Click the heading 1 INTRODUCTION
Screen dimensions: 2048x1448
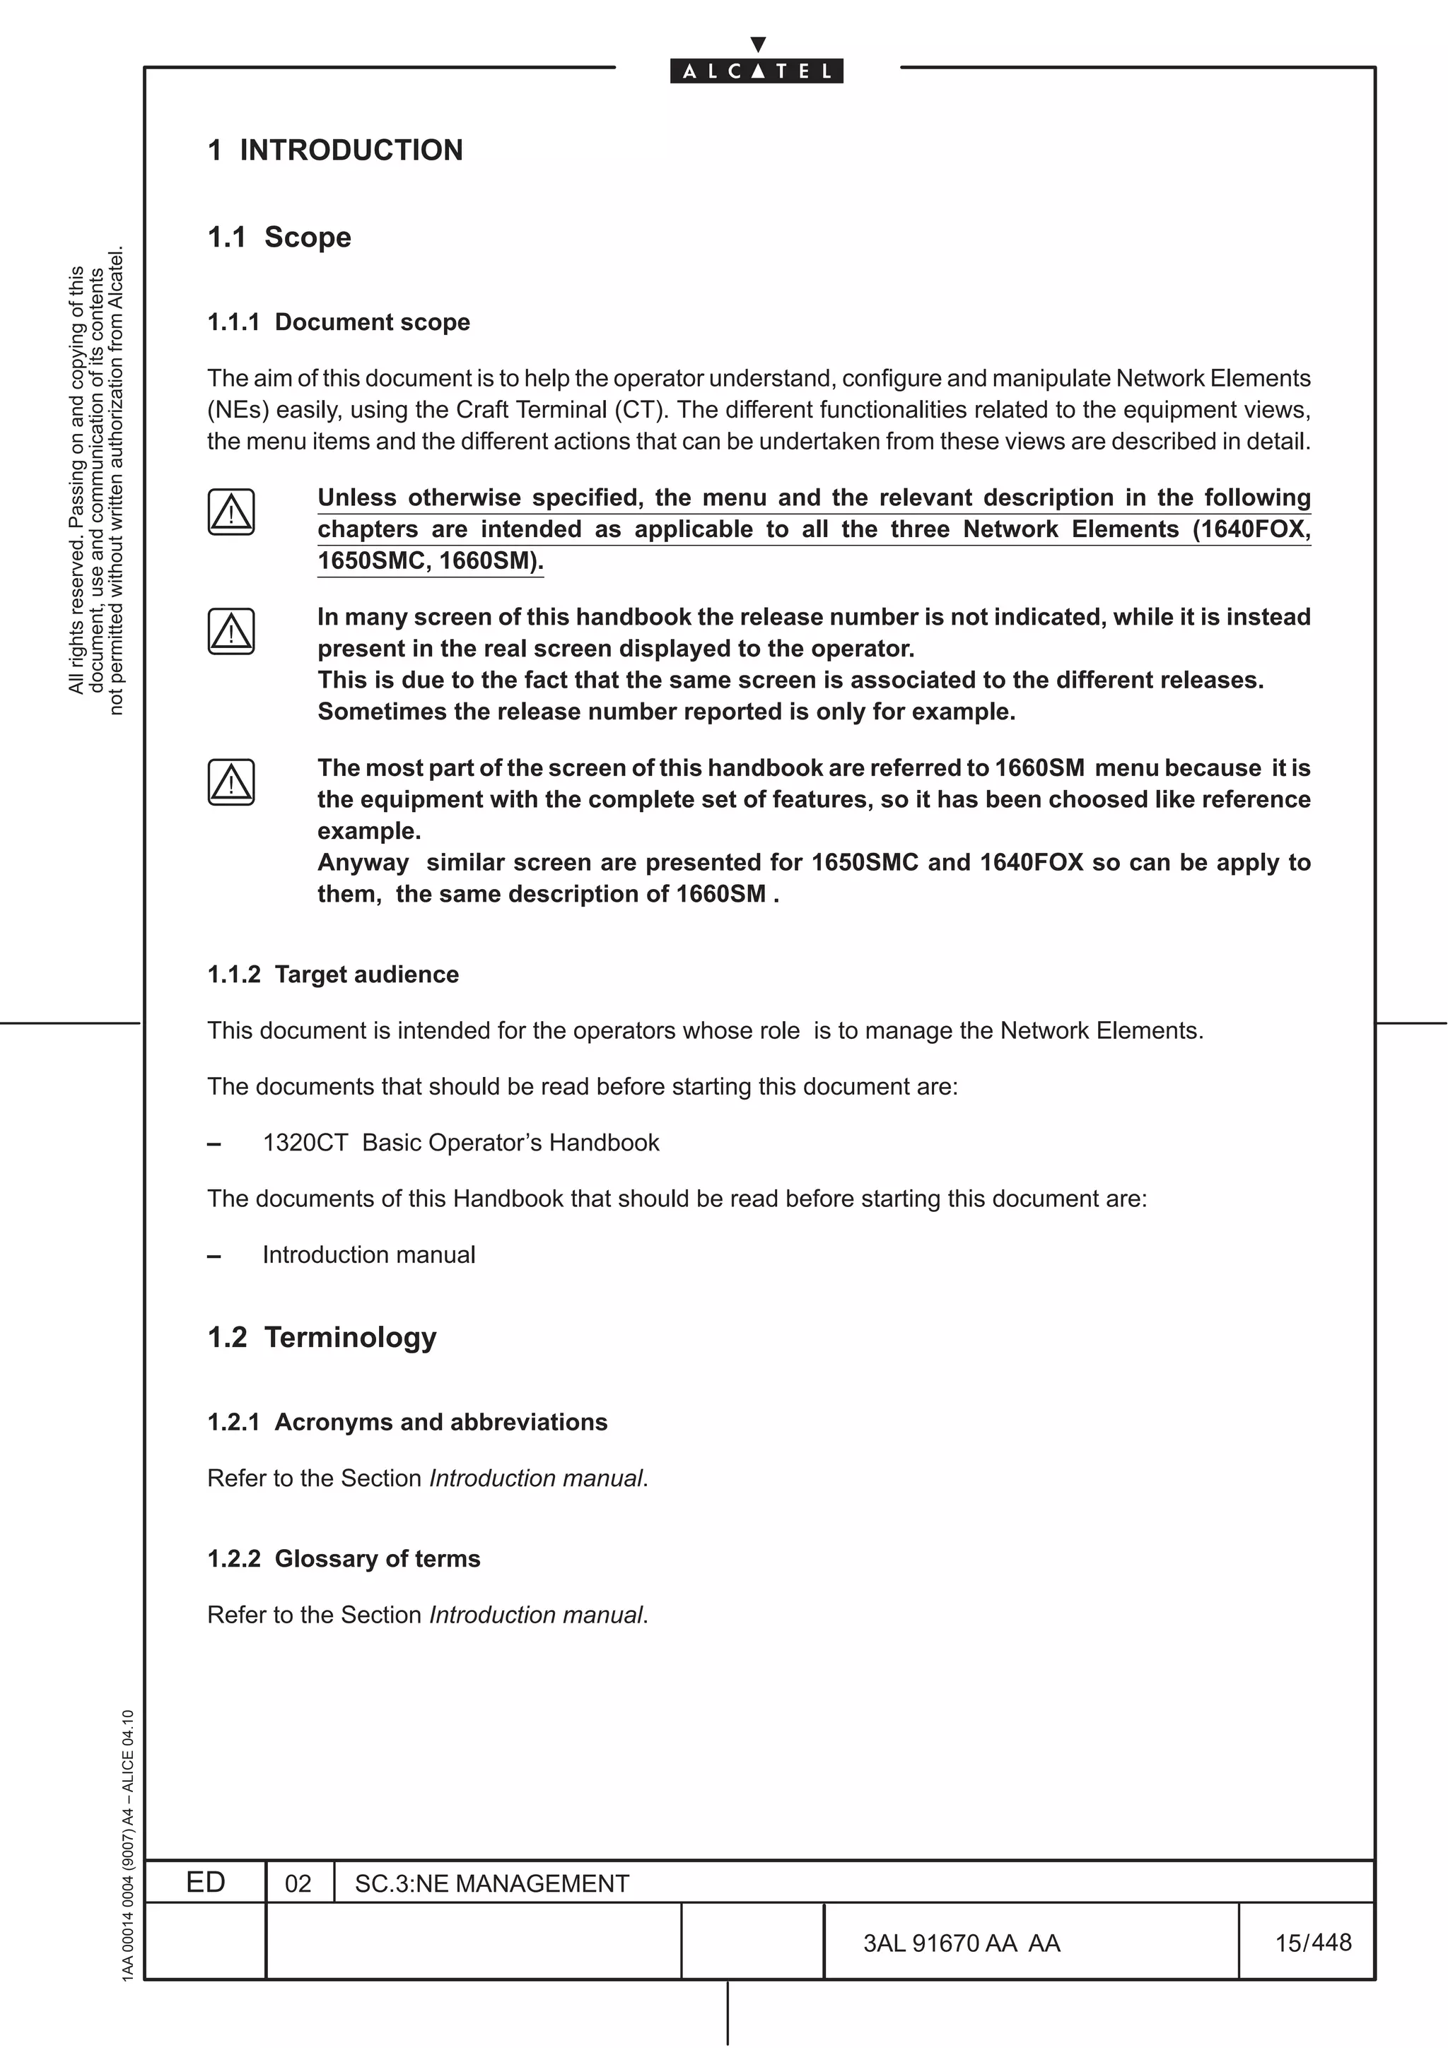pos(335,150)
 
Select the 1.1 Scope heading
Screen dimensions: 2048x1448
pos(279,237)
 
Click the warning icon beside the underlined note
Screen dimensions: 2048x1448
pos(231,512)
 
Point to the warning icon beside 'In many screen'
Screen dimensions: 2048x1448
pos(231,632)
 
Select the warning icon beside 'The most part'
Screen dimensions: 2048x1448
pos(231,782)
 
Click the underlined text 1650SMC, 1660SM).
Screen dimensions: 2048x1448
pos(430,561)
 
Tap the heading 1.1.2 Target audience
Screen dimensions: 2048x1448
pos(333,974)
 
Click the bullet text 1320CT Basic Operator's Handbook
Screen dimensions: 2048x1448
pos(460,1143)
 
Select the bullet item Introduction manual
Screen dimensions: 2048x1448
pos(368,1255)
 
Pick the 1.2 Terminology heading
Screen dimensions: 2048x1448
pos(322,1337)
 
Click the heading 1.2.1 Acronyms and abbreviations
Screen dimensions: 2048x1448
pos(407,1422)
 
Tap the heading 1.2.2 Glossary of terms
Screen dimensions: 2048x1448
pos(344,1558)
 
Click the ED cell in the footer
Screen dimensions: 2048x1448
pos(205,1882)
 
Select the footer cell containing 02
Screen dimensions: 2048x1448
pos(298,1883)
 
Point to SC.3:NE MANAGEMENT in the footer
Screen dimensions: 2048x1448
pos(491,1883)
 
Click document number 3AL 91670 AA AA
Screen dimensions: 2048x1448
pos(961,1943)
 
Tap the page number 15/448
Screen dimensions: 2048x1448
pos(1312,1943)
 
